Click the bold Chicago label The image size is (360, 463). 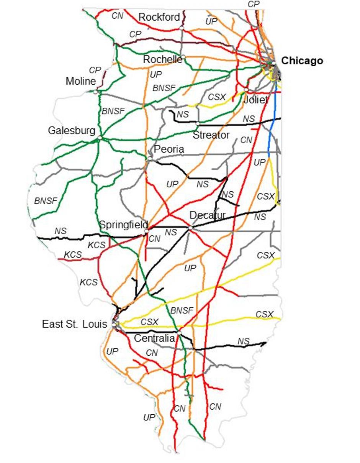(x=302, y=61)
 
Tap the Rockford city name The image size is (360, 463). (x=159, y=17)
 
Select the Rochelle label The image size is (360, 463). (x=162, y=59)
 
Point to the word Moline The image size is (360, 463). (x=80, y=81)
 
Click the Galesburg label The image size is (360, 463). (x=72, y=131)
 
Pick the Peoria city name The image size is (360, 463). (x=169, y=149)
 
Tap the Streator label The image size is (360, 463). (x=211, y=135)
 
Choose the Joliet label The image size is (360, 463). (x=255, y=100)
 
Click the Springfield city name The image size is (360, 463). (x=124, y=225)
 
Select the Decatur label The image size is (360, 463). (x=208, y=215)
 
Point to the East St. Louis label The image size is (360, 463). (x=75, y=324)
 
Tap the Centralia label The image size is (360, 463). (x=154, y=338)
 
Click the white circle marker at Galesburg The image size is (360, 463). (x=100, y=138)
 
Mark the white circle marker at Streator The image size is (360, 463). (x=198, y=123)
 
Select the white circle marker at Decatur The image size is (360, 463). (x=190, y=228)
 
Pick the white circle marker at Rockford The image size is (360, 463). (x=182, y=28)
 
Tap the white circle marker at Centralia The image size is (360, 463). (x=179, y=332)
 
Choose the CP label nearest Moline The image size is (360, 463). (x=95, y=71)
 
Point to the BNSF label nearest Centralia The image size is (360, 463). (x=182, y=310)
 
